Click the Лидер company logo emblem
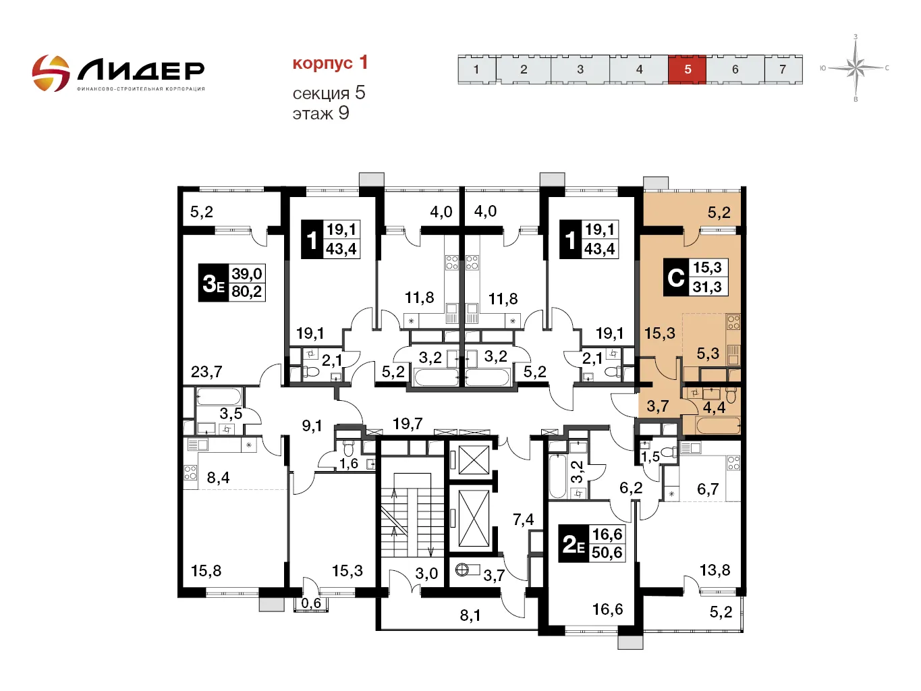coord(51,73)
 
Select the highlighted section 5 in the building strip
coord(687,69)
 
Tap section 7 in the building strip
coord(783,69)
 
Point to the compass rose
coord(856,67)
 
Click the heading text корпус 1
coord(330,63)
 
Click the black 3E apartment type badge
coord(213,283)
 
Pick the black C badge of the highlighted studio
coord(675,277)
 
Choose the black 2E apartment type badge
coord(574,544)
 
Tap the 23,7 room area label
coord(206,372)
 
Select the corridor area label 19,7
coord(408,424)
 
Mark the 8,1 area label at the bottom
coord(470,615)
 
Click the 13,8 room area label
coord(715,570)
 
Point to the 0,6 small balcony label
coord(311,603)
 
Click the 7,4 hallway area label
coord(523,519)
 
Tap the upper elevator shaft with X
coord(473,461)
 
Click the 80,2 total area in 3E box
coord(246,292)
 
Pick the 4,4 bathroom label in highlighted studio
coord(714,408)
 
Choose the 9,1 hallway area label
coord(312,426)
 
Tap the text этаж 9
coord(320,113)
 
